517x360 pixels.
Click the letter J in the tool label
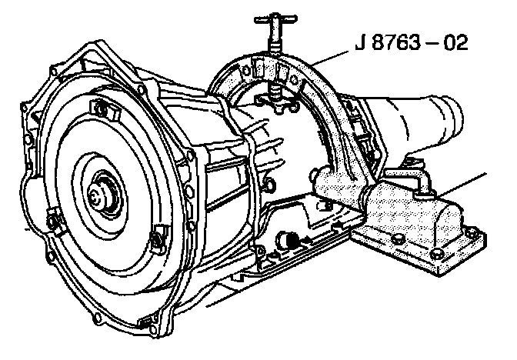pyautogui.click(x=360, y=42)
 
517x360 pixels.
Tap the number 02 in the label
pyautogui.click(x=455, y=42)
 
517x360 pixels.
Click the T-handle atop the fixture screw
pyautogui.click(x=275, y=19)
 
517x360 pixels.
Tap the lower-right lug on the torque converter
pyautogui.click(x=159, y=238)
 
